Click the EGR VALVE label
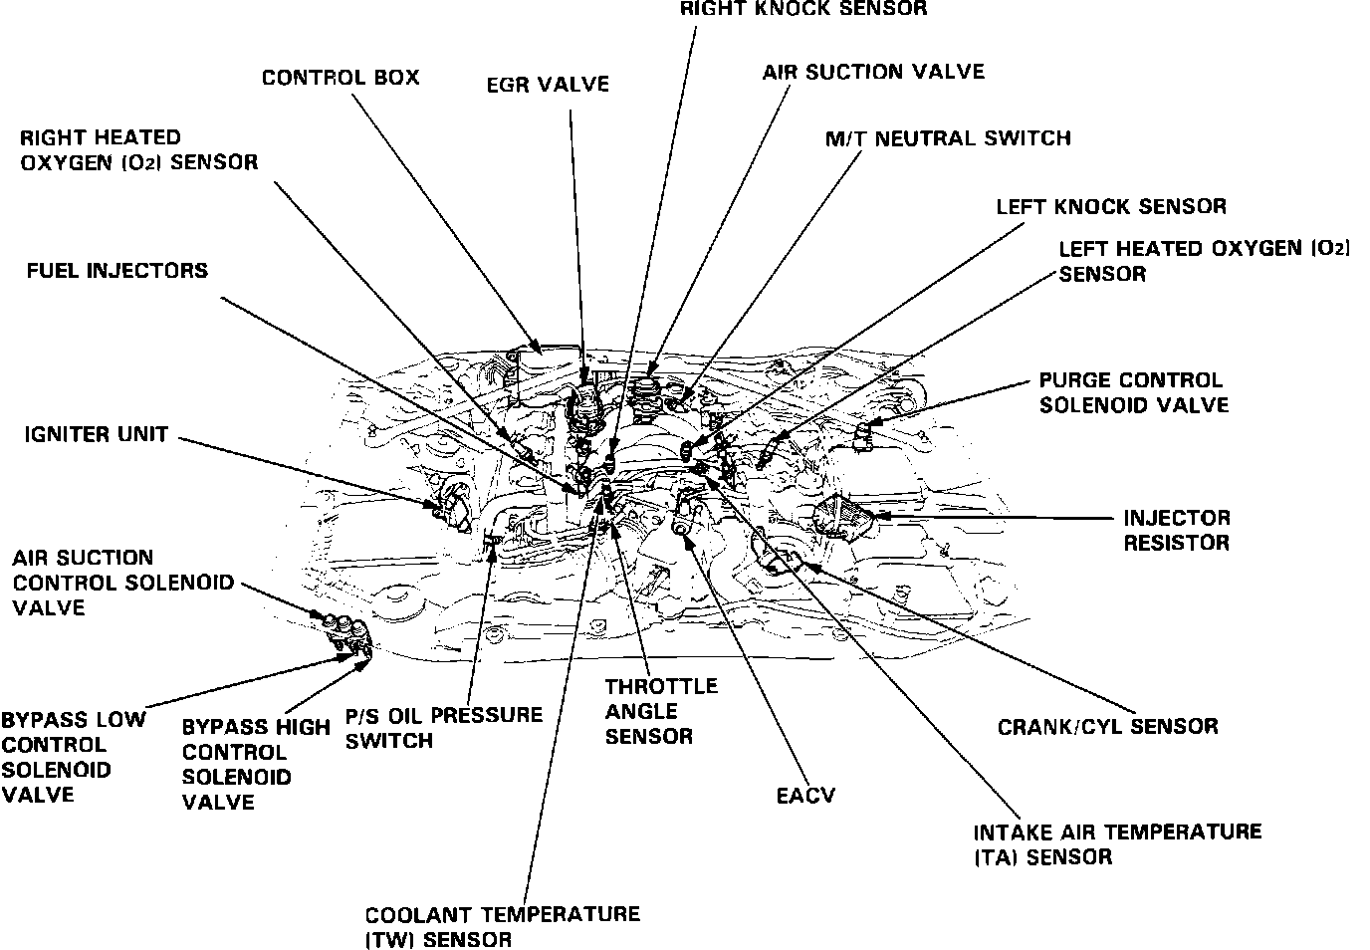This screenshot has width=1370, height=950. click(x=548, y=86)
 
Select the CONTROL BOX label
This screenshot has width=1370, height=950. click(x=341, y=78)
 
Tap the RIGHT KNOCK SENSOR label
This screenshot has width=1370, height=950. click(x=803, y=9)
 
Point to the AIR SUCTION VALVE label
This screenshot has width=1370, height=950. click(x=873, y=72)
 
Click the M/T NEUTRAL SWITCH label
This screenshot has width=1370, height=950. click(x=948, y=138)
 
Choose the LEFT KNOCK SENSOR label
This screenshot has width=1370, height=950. click(x=1111, y=206)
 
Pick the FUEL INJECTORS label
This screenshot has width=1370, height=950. click(x=117, y=271)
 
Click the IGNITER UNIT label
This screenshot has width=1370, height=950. click(x=97, y=435)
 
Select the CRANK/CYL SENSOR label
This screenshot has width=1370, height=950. click(x=1107, y=726)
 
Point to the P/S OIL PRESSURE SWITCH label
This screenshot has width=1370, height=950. click(x=444, y=727)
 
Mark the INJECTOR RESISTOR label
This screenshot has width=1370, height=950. click(x=1177, y=530)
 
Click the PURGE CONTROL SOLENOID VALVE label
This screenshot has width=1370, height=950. click(x=1133, y=392)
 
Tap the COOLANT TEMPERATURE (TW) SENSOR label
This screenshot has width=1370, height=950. click(x=502, y=926)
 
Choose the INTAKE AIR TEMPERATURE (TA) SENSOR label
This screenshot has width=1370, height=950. click(x=1117, y=843)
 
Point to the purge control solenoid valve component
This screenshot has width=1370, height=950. click(x=864, y=432)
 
